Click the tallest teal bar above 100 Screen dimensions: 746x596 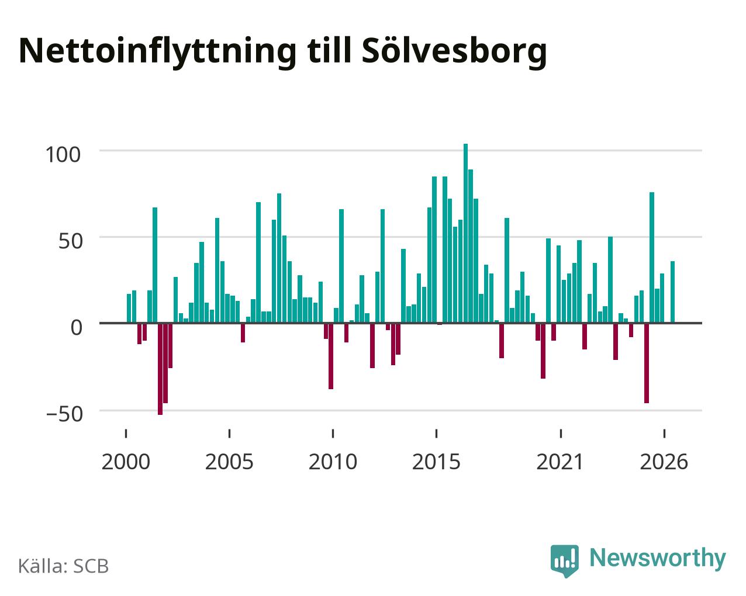tap(465, 233)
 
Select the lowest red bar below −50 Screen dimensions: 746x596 tap(160, 369)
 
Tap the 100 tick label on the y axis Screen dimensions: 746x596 tap(63, 154)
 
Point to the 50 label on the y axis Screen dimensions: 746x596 tap(71, 241)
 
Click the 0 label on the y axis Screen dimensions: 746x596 tap(77, 327)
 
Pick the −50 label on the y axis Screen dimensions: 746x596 tap(64, 414)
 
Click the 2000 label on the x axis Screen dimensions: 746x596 tap(126, 462)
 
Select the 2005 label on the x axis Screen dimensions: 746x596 tap(229, 462)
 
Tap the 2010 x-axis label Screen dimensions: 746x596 tap(333, 462)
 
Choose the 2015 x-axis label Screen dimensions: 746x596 tap(436, 462)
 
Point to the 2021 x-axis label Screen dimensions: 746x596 tap(560, 462)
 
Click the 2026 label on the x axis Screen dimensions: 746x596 tap(664, 462)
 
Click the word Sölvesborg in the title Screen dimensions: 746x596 tap(454, 52)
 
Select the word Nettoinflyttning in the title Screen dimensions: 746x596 tap(158, 52)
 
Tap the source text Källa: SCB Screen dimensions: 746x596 tap(64, 566)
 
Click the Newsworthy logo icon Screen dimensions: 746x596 tap(564, 561)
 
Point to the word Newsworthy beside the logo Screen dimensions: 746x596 tap(658, 559)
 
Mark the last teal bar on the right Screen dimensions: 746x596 tap(672, 292)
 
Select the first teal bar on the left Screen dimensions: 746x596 tap(129, 309)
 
